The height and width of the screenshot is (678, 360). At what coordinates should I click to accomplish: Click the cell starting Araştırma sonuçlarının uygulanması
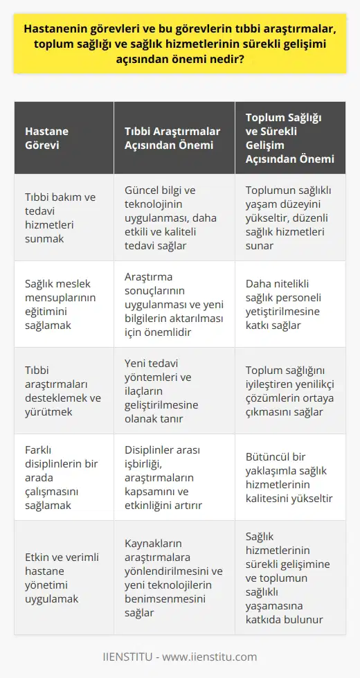point(170,304)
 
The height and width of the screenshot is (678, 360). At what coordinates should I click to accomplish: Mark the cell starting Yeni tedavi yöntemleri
point(170,391)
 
